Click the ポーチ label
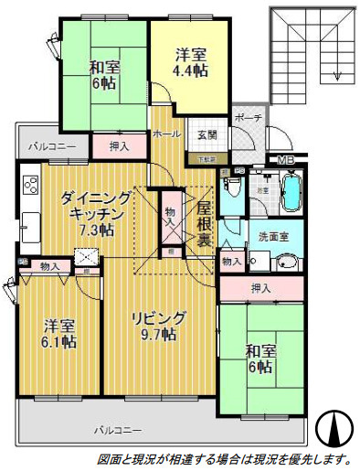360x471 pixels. coord(248,119)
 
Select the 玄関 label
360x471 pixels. coord(206,134)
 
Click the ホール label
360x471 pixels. coord(166,134)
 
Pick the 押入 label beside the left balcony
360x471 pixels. coord(119,145)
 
